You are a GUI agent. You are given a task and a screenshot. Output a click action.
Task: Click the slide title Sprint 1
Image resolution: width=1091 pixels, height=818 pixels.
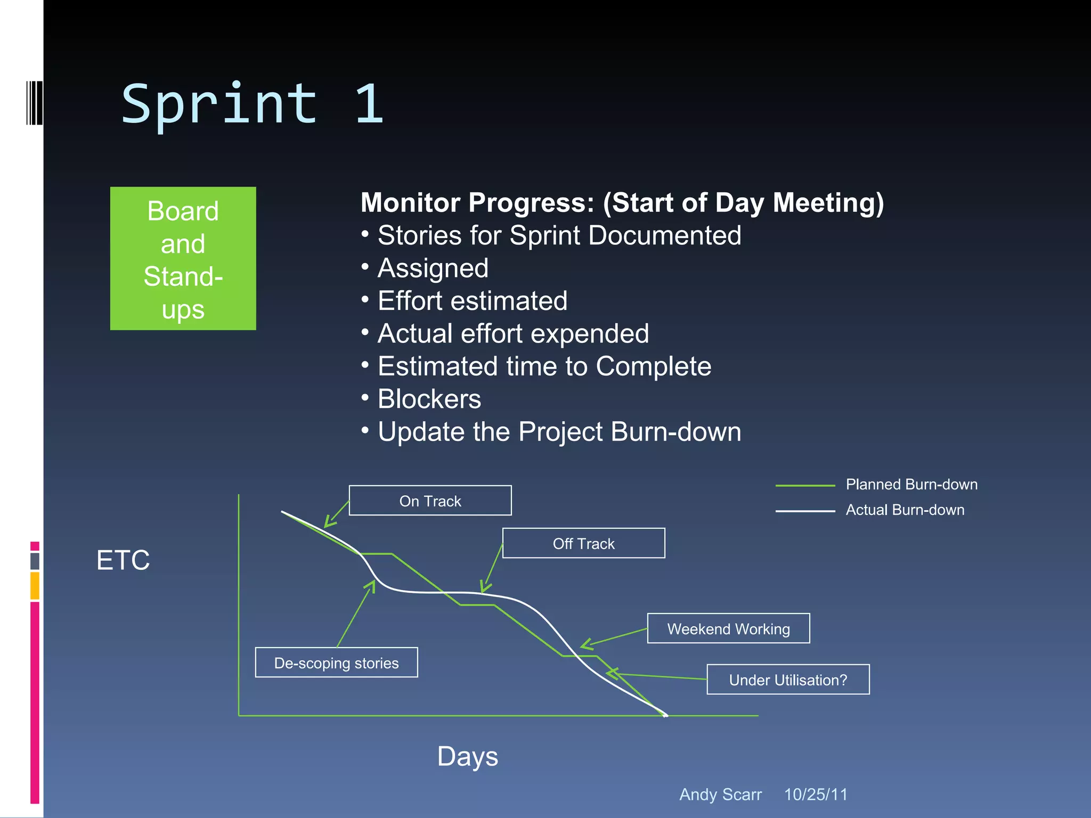click(253, 104)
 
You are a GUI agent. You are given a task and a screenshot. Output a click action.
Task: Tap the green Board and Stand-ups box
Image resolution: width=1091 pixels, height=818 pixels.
click(183, 258)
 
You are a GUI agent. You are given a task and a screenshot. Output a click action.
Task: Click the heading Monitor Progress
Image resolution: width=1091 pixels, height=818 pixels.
click(622, 203)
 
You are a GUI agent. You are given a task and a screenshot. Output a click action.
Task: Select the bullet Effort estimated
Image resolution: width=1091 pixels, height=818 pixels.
click(472, 301)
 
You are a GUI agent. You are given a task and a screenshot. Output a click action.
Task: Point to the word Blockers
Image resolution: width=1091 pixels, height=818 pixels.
click(429, 399)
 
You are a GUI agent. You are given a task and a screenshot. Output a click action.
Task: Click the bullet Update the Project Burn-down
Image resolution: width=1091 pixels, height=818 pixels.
click(559, 432)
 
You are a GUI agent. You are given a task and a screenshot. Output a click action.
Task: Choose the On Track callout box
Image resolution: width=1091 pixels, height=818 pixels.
click(430, 501)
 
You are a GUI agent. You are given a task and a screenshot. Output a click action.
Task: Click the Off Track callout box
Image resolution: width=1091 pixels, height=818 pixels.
click(583, 543)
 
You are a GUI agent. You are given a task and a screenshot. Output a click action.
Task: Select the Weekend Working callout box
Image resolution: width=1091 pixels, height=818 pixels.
click(728, 628)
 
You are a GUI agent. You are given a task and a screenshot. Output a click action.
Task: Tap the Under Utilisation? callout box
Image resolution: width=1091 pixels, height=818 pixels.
click(788, 680)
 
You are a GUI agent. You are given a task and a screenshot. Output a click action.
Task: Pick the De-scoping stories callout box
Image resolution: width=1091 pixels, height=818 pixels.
click(336, 662)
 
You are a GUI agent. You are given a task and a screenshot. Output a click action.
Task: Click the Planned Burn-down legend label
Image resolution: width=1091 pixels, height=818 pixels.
click(911, 485)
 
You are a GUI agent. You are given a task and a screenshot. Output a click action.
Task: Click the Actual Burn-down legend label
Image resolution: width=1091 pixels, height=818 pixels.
click(905, 510)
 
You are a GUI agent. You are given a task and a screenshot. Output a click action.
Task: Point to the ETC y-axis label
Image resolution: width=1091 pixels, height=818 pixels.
click(123, 560)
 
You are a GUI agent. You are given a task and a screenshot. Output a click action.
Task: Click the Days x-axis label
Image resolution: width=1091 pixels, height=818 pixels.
click(467, 756)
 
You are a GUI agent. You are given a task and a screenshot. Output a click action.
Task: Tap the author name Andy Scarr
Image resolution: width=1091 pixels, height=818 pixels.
click(720, 795)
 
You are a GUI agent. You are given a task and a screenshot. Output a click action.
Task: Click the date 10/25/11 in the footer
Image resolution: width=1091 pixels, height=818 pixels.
click(816, 795)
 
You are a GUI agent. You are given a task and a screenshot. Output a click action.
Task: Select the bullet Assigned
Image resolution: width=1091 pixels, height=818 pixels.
click(433, 268)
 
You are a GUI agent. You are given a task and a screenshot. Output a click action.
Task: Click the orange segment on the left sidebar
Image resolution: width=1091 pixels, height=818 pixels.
click(35, 586)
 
